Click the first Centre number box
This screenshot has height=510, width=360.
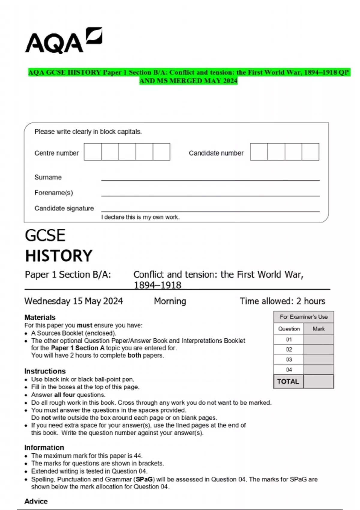tap(92, 152)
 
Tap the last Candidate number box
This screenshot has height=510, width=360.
tap(310, 152)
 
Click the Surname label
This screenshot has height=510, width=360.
tap(48, 177)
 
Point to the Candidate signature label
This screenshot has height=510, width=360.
tap(64, 208)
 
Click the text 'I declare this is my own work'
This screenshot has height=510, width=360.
tap(140, 217)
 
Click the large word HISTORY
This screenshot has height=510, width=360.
tap(59, 256)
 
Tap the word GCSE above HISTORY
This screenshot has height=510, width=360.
tap(45, 235)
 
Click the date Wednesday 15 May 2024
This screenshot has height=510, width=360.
tap(73, 301)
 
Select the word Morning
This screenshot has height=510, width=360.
tap(170, 301)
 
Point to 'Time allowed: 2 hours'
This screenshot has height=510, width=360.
tap(282, 301)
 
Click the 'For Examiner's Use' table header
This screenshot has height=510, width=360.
tap(303, 317)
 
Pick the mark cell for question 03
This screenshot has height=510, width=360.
tap(318, 359)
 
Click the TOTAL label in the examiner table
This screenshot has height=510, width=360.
tap(288, 381)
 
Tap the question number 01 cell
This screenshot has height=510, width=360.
tap(289, 340)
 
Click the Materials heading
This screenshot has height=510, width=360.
tap(40, 317)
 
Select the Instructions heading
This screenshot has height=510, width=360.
tap(45, 371)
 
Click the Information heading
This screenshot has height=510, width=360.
tap(44, 448)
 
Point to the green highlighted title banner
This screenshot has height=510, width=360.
tap(189, 76)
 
